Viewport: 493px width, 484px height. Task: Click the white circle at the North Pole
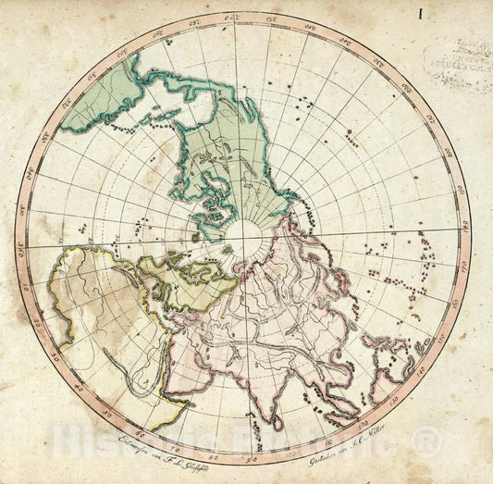(x=246, y=232)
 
